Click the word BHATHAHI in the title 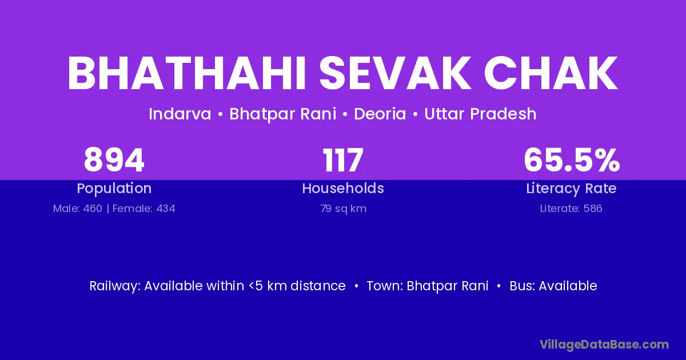pos(186,73)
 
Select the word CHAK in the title pos(551,73)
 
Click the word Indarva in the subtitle pos(180,114)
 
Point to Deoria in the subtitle pos(380,114)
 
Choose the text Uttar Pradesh pos(480,114)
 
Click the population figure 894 pos(114,160)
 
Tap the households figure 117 pos(343,160)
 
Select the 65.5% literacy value pos(572,160)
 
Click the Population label pos(114,189)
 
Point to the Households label pos(343,188)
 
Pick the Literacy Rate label pos(571,189)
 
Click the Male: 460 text pos(78,209)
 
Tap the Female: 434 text pos(144,209)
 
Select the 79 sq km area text pos(344,209)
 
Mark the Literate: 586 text pos(571,209)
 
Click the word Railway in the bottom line pos(115,286)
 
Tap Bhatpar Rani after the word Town pos(448,286)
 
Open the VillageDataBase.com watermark pos(604,345)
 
